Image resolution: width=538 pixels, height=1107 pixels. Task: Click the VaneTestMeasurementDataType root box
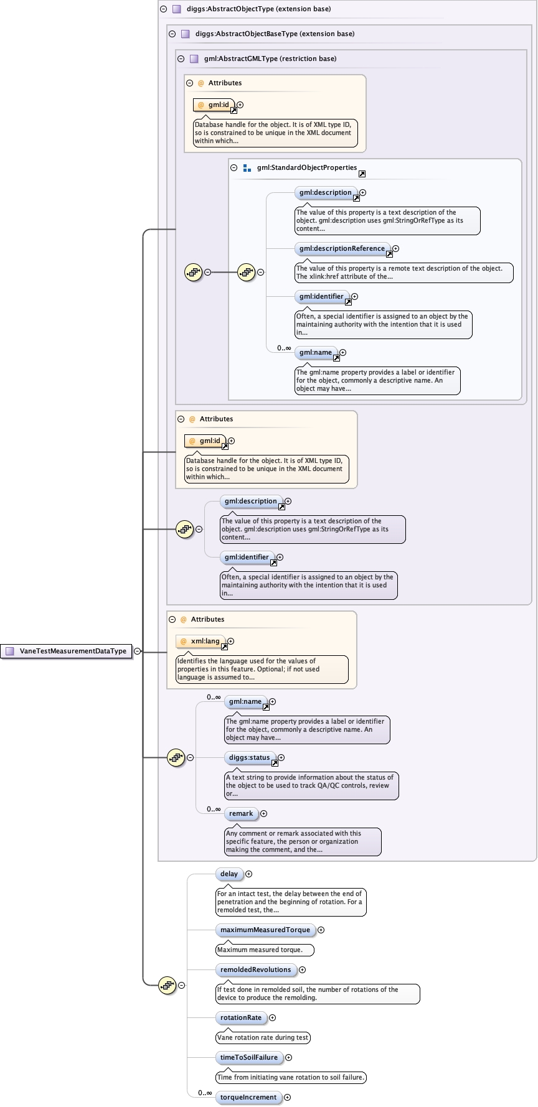67,652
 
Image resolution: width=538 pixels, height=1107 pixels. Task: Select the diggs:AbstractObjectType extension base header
258,9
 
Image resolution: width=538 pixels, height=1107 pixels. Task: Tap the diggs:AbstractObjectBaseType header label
275,34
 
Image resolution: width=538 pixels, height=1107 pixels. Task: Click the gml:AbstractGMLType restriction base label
270,59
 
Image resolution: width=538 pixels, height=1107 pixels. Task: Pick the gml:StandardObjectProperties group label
306,168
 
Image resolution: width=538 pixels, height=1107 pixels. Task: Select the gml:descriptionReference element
342,249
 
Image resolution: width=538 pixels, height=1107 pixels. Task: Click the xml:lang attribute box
201,642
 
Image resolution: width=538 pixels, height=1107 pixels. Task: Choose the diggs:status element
249,758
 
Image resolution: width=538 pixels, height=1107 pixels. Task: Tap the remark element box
241,814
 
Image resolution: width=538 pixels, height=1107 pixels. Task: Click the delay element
229,874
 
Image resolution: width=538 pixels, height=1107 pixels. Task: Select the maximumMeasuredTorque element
265,930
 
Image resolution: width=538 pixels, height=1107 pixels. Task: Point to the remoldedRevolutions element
255,970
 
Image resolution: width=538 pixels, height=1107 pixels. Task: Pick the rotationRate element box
241,1018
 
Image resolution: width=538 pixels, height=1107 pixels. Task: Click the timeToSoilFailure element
248,1058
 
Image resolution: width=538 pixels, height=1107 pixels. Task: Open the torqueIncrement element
248,1098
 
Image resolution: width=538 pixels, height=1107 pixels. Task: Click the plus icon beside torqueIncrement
287,1098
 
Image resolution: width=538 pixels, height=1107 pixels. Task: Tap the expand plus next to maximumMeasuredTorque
321,930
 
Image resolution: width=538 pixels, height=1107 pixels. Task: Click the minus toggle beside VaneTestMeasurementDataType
138,652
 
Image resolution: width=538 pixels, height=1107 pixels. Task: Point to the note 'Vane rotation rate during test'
262,1038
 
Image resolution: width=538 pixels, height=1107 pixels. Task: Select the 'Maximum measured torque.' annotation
264,950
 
